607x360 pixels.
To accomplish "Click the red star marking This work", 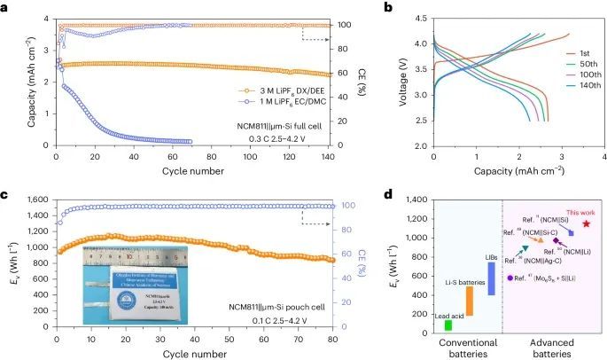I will pos(586,223).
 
